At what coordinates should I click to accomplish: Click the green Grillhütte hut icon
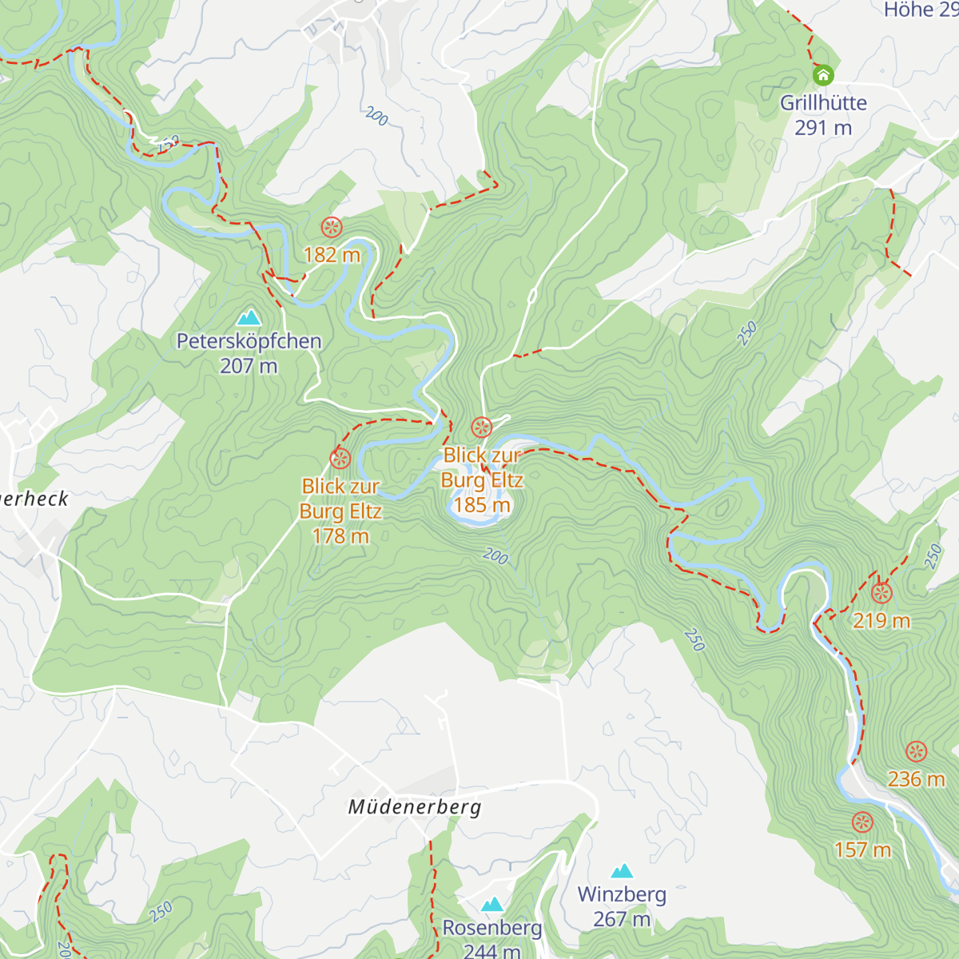point(823,76)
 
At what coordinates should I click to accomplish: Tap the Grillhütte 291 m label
point(823,115)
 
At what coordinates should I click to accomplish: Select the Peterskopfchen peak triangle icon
point(249,318)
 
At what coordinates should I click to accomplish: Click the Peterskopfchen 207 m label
point(249,353)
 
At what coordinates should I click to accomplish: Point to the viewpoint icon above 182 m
point(332,228)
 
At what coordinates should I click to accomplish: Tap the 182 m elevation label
point(332,255)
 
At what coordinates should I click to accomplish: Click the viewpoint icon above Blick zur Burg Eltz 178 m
point(340,459)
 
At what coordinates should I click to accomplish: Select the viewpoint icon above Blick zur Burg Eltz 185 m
point(481,428)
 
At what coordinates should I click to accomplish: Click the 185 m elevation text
point(482,505)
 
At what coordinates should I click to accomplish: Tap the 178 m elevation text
point(340,536)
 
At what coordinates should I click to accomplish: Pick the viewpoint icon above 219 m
point(881,593)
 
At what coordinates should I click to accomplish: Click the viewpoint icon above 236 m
point(917,751)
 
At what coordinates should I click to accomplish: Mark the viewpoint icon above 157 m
point(862,822)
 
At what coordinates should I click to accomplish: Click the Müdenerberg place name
point(415,807)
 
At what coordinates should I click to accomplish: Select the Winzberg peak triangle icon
point(622,871)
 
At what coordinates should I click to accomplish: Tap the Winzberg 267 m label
point(622,906)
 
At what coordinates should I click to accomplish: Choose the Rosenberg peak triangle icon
point(492,905)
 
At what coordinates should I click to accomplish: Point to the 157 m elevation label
point(862,850)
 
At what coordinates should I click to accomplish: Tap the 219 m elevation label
point(881,621)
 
